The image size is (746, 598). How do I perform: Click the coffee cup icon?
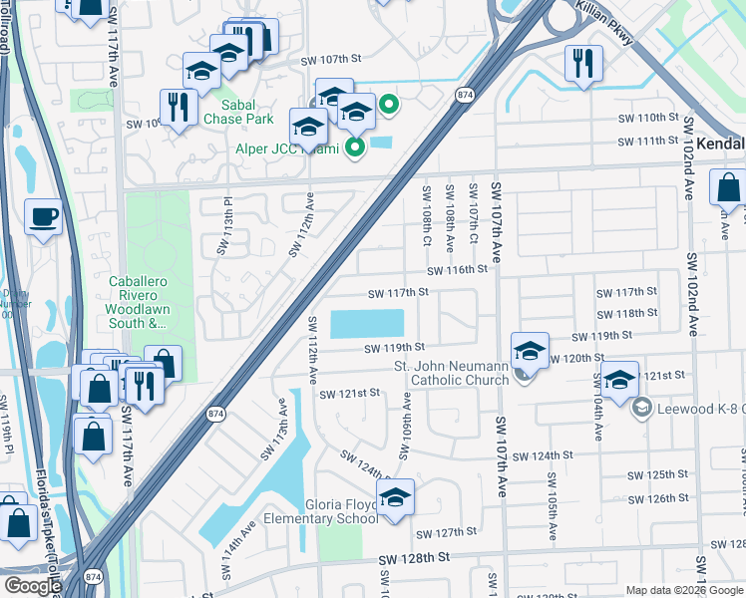coord(43,217)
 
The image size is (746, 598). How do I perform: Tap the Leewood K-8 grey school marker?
coord(642,407)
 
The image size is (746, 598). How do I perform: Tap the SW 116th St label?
coord(457,270)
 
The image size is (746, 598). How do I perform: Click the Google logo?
coord(32,586)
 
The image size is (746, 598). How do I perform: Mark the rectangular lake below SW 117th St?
coord(366,324)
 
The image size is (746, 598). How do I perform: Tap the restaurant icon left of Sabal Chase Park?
coord(178,107)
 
